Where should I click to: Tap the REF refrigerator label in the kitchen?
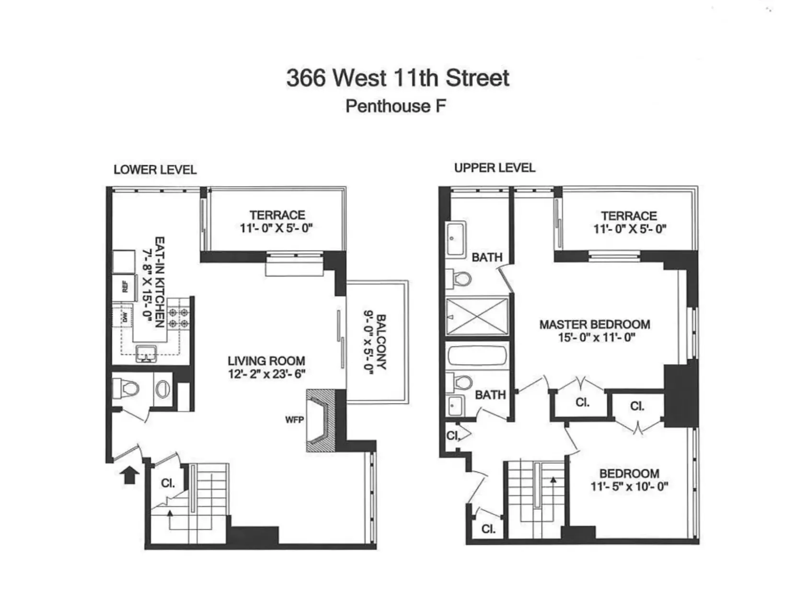click(125, 287)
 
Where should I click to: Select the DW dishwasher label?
click(125, 317)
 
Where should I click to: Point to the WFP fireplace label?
click(294, 420)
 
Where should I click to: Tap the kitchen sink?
click(147, 354)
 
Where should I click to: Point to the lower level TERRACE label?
click(277, 215)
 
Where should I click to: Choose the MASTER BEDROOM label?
click(595, 324)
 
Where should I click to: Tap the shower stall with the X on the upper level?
click(477, 316)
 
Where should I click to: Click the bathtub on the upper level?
click(477, 356)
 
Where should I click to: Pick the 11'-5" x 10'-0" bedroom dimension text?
click(629, 487)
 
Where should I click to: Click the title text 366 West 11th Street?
click(398, 78)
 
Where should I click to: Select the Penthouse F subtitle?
click(396, 106)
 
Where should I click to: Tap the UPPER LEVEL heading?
click(495, 168)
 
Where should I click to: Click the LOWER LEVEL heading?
click(155, 170)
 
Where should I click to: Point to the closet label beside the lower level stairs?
click(168, 483)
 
